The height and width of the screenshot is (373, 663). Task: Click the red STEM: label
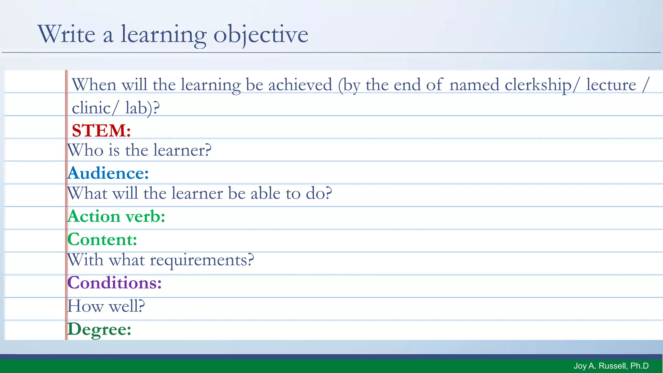pos(101,131)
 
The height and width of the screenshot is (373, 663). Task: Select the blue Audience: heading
pos(108,173)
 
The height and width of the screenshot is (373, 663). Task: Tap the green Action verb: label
pos(116,216)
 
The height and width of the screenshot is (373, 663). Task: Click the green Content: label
pos(102,240)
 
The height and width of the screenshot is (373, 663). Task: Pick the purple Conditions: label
pos(114,283)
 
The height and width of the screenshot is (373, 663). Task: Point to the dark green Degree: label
pos(99,329)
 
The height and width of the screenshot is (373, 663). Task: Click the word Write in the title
pos(67,34)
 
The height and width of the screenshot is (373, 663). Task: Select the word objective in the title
pos(261,34)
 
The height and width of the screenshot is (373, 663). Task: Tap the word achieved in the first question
pos(300,85)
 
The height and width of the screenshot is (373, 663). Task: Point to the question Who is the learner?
pos(139,150)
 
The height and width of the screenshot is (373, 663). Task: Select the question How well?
pos(106,306)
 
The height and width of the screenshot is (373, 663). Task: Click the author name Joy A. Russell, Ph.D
pos(611,366)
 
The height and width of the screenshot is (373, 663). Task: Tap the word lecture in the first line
pos(611,85)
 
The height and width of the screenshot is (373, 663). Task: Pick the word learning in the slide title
pos(163,34)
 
